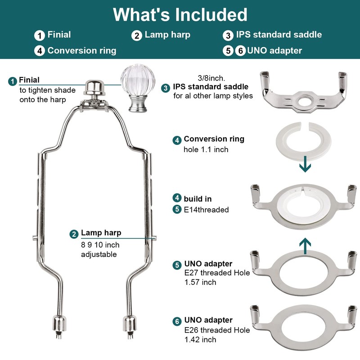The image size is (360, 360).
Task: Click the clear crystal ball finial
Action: click(x=138, y=88)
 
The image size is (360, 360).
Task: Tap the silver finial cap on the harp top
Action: click(x=94, y=87)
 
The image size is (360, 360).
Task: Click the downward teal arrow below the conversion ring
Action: click(x=305, y=164)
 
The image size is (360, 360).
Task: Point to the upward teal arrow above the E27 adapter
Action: click(x=305, y=246)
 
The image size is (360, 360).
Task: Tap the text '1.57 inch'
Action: click(x=200, y=282)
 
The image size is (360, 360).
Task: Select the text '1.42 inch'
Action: click(x=200, y=340)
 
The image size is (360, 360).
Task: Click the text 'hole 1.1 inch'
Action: click(x=206, y=149)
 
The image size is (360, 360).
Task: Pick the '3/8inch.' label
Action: click(x=211, y=78)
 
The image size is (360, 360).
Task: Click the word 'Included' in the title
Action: click(x=211, y=15)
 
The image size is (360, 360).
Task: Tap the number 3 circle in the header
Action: click(x=228, y=36)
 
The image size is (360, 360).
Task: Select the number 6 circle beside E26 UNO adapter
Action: click(x=177, y=321)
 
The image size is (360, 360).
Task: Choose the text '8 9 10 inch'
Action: click(x=100, y=245)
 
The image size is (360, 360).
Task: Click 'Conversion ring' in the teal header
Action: click(x=82, y=50)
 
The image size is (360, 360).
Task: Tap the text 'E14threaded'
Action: click(x=206, y=210)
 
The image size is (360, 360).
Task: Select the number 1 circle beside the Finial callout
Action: click(x=13, y=81)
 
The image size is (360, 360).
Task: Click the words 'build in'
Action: click(x=198, y=199)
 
